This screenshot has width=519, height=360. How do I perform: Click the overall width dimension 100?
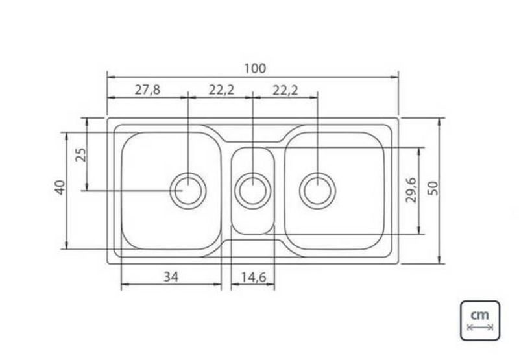(x=255, y=69)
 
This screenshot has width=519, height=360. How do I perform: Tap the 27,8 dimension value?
(x=147, y=90)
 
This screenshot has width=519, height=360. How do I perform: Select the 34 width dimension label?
(x=171, y=276)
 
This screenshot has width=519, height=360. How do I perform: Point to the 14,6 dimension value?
(x=253, y=277)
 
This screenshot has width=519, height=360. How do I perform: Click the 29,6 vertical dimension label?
(x=411, y=190)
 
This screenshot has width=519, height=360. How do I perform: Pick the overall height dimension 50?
(x=433, y=188)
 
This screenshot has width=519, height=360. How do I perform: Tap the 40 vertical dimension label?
(x=60, y=187)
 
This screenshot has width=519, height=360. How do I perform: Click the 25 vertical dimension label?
(x=80, y=154)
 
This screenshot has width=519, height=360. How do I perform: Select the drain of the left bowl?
(x=188, y=191)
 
